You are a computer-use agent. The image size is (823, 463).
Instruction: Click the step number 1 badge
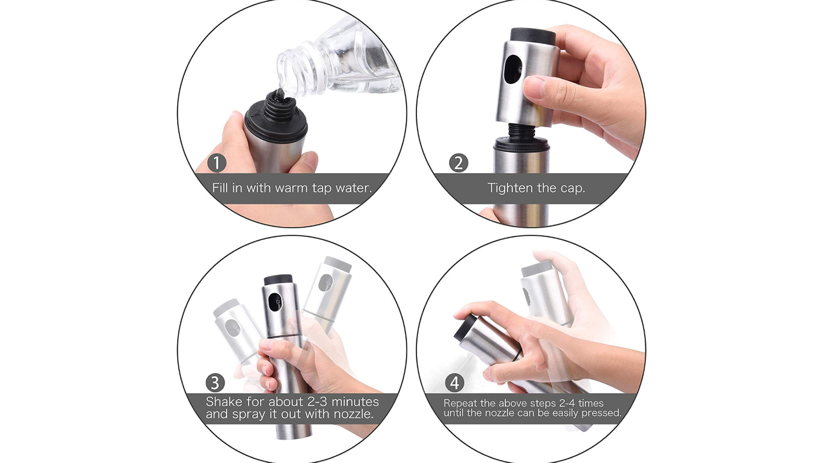point(217,163)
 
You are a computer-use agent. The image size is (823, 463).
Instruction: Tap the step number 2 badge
point(459,163)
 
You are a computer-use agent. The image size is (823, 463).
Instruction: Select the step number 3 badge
point(215,383)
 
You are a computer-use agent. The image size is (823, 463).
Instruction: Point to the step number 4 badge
point(454,383)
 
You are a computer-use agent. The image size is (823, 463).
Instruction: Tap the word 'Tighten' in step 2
point(510,188)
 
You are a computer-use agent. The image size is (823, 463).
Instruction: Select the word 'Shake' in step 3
point(224,401)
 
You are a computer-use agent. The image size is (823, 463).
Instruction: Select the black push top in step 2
point(533,36)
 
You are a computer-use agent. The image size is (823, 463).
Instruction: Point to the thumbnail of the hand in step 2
point(535,87)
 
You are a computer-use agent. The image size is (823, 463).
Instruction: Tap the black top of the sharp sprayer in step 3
point(278,279)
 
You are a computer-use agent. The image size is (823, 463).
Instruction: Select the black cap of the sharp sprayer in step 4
point(464,328)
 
